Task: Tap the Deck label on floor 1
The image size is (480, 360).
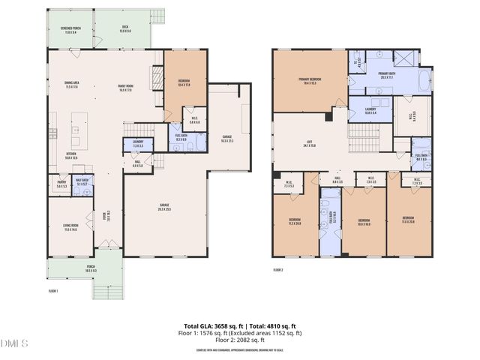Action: tap(125, 31)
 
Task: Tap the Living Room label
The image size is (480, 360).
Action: tap(70, 228)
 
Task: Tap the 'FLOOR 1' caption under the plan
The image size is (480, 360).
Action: tap(53, 290)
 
